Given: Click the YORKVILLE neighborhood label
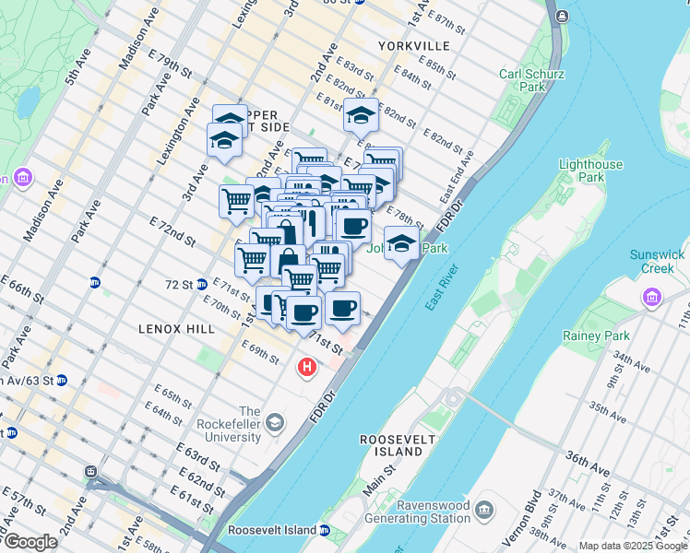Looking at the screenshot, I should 414,45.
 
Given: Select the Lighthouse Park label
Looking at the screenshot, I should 590,171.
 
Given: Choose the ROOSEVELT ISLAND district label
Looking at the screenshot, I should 397,446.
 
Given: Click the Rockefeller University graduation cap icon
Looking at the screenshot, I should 275,423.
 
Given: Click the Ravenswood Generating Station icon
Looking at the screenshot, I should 485,510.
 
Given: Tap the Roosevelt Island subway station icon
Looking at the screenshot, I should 325,531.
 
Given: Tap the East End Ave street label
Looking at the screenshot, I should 457,179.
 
